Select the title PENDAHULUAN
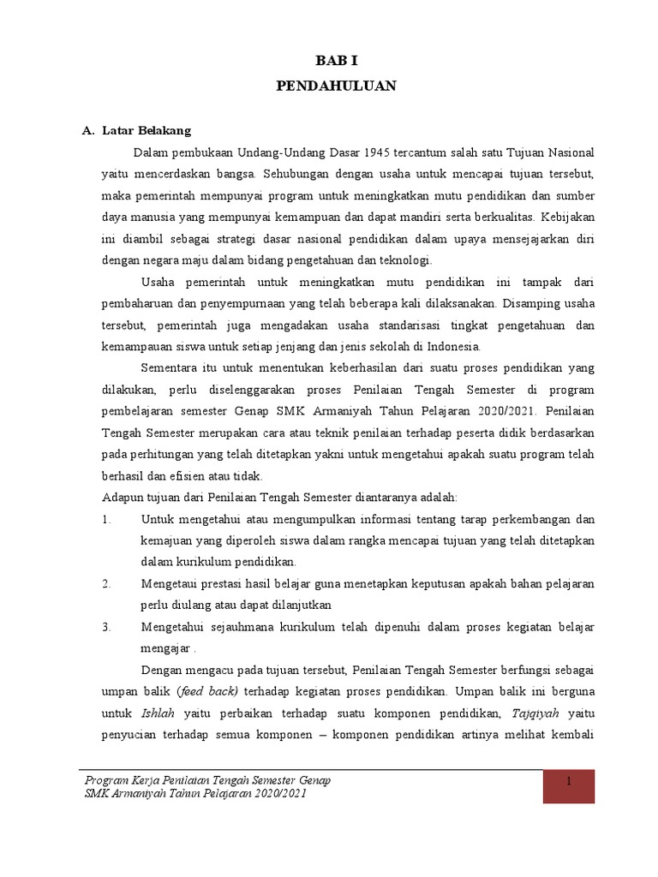click(337, 87)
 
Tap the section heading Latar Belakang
click(147, 131)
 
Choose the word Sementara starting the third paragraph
click(170, 368)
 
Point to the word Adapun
click(122, 498)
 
